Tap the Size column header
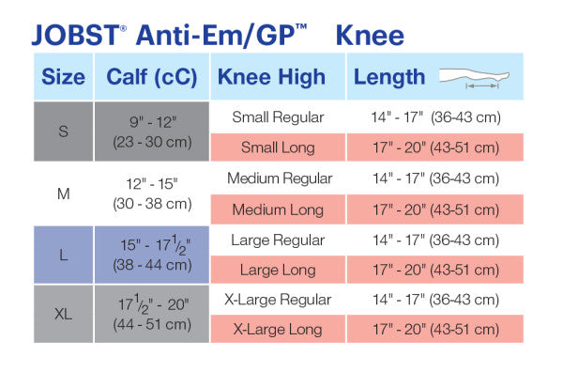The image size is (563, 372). [x=63, y=77]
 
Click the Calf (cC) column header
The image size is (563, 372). [x=151, y=77]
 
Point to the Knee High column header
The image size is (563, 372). [x=271, y=77]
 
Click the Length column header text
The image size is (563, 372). [x=389, y=77]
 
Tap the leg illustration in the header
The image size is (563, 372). [x=483, y=78]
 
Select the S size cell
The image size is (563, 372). [x=63, y=132]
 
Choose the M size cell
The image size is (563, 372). [x=63, y=194]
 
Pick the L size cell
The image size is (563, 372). [x=63, y=255]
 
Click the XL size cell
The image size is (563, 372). [x=63, y=314]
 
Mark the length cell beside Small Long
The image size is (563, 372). [x=435, y=147]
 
